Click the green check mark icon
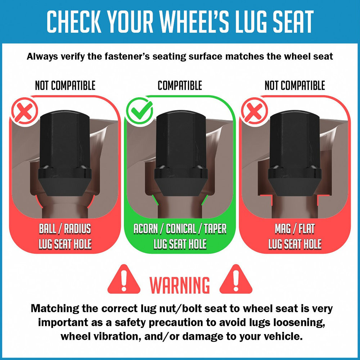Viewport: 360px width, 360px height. coord(139,111)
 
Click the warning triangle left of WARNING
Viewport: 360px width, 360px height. coord(124,279)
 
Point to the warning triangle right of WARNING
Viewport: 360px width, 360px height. coord(236,279)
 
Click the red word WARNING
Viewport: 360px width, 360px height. coord(180,285)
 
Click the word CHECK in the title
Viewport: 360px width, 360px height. coord(74,21)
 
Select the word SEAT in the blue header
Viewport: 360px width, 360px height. coord(293,21)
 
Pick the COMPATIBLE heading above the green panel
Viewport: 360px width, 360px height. coord(180,85)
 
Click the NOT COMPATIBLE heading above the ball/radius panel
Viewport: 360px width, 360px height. coord(65,85)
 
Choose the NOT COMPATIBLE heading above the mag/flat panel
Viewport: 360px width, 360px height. coord(295,85)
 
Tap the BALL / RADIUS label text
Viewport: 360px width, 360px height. coord(65,229)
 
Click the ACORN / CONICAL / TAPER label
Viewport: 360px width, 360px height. coord(180,229)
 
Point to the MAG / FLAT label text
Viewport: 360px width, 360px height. coord(295,229)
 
